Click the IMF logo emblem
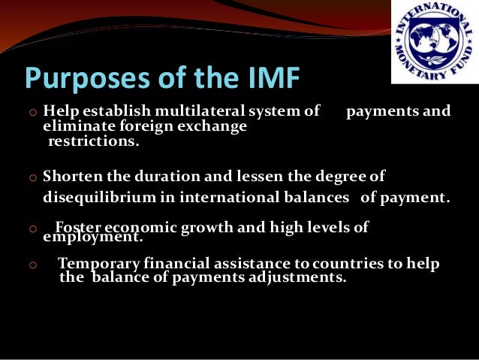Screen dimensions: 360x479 (x=433, y=41)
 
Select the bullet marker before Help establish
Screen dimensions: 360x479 (x=32, y=113)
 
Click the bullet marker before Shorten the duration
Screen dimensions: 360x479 (x=32, y=177)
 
